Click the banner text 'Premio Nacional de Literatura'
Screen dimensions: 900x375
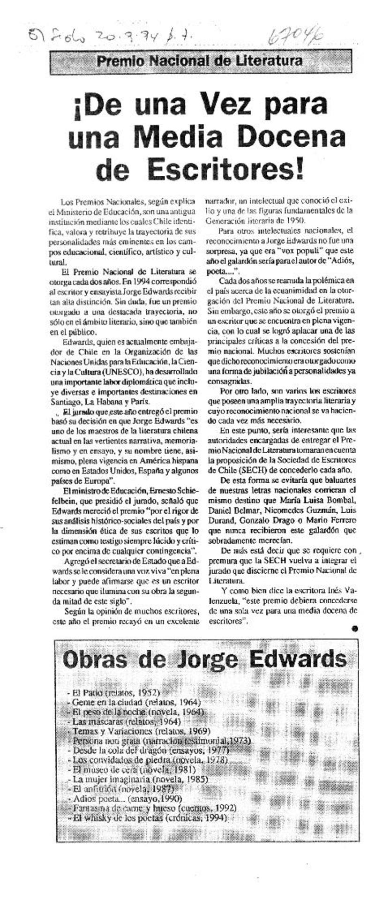point(199,60)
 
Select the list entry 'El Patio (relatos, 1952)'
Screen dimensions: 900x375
point(115,692)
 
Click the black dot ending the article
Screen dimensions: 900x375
point(354,630)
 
